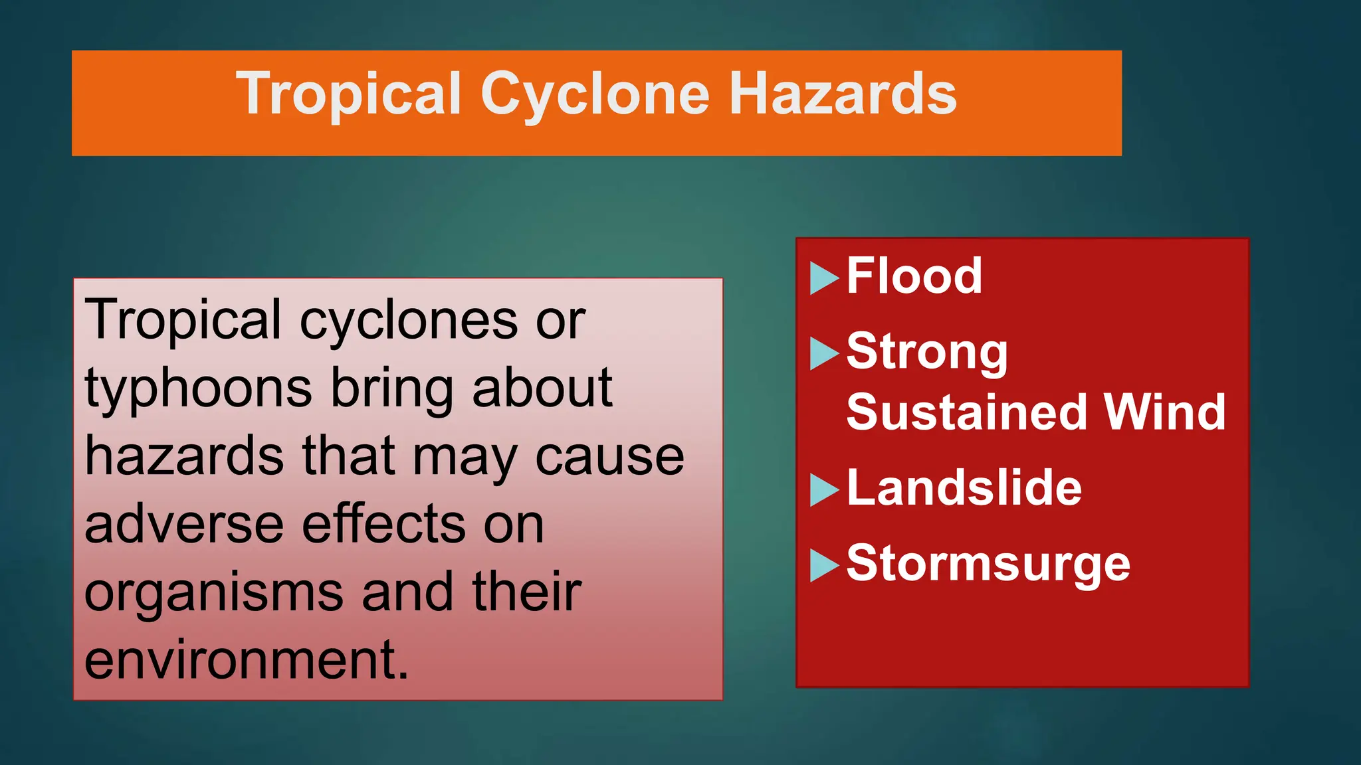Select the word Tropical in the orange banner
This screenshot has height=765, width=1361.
pos(348,95)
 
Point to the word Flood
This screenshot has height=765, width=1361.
pos(914,276)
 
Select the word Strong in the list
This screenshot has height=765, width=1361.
pos(926,352)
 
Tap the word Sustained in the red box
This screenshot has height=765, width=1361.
pos(966,412)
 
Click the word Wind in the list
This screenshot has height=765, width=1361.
pos(1164,412)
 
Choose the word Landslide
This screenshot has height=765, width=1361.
pos(964,488)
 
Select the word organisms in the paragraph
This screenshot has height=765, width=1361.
pos(213,593)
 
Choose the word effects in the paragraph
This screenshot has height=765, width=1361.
pos(385,525)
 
